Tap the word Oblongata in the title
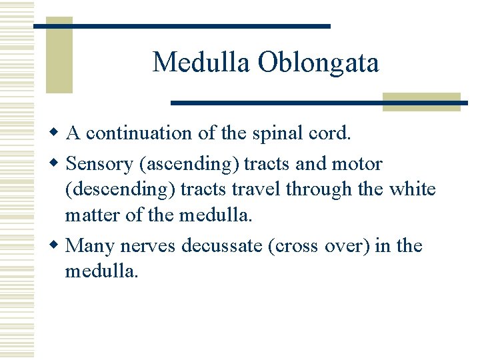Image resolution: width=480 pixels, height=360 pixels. point(318,63)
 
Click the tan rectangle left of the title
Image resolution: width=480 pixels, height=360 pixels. point(59,55)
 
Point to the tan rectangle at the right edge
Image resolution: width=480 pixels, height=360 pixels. point(421,101)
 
